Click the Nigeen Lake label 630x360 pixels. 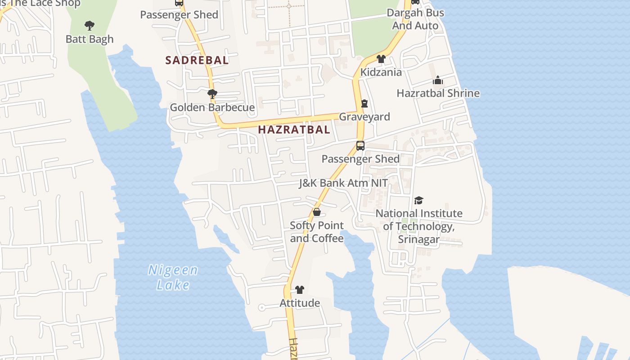click(173, 277)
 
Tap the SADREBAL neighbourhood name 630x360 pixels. click(197, 60)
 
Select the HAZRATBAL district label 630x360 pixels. click(294, 130)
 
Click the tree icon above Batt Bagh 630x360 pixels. click(90, 26)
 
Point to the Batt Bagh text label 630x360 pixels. click(90, 39)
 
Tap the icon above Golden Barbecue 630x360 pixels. click(212, 94)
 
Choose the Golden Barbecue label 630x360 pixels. click(212, 108)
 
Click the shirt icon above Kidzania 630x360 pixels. click(381, 58)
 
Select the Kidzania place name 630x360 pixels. click(381, 72)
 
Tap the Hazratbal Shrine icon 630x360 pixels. click(438, 81)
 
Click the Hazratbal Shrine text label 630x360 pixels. click(438, 93)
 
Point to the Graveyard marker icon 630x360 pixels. click(364, 103)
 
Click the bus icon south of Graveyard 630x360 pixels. click(360, 145)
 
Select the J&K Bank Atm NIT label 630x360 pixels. click(343, 183)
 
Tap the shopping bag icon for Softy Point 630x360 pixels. click(317, 212)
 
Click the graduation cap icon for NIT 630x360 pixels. click(419, 200)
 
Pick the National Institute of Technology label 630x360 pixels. click(419, 226)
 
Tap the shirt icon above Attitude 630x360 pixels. click(300, 290)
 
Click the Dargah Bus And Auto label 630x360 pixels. click(415, 19)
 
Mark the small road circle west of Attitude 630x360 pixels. click(261, 308)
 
